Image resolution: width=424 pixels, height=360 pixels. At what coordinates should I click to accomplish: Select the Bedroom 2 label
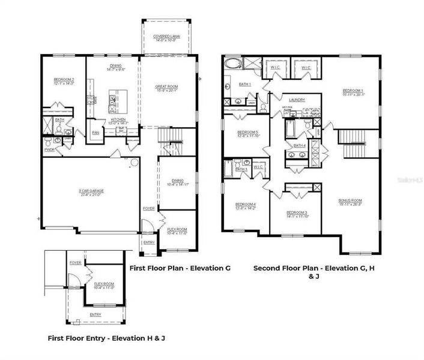(64, 82)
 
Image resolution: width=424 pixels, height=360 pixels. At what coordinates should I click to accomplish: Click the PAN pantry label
(95, 133)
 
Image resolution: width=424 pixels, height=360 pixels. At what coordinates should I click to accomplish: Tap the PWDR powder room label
(49, 150)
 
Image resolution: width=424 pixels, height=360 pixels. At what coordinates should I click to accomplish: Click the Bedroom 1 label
(353, 92)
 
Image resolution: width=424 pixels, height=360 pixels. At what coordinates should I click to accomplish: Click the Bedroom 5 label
(247, 134)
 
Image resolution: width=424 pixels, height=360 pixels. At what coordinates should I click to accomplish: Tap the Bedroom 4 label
(247, 206)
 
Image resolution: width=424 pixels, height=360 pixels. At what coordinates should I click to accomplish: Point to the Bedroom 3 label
(297, 214)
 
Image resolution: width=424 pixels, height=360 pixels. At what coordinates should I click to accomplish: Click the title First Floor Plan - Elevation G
(181, 268)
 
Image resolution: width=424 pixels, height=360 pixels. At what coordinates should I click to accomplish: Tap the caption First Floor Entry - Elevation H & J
(106, 338)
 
